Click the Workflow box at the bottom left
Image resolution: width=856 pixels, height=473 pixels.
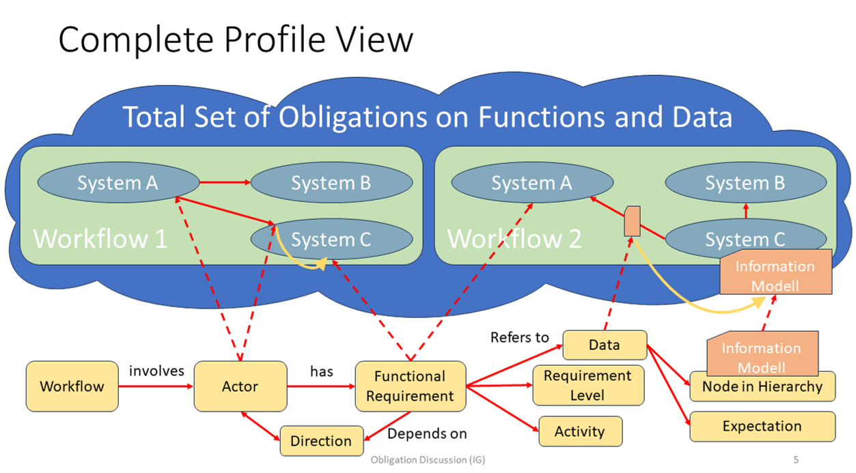click(x=72, y=386)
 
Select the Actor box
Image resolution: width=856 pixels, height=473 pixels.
click(x=240, y=386)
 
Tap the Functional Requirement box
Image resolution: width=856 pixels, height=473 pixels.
click(x=410, y=386)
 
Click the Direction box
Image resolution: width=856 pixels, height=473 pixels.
click(x=321, y=440)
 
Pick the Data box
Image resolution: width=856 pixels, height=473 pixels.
click(x=605, y=345)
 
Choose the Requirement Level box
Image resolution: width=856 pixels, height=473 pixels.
click(x=588, y=386)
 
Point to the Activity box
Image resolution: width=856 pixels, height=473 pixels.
click(x=580, y=431)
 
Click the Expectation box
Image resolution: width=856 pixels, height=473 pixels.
click(x=762, y=427)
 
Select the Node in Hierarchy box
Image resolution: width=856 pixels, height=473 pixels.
click(x=762, y=387)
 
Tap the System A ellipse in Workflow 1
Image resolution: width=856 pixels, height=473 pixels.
click(x=118, y=183)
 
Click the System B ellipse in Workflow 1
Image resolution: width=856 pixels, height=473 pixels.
click(x=331, y=183)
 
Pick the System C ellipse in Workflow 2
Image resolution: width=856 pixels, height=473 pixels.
click(x=745, y=240)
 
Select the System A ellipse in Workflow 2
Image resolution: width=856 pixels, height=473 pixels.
click(x=531, y=183)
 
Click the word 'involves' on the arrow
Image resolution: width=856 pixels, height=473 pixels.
click(x=156, y=371)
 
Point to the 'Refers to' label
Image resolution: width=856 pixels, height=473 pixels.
click(x=520, y=337)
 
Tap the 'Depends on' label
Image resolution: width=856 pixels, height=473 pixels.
click(x=428, y=433)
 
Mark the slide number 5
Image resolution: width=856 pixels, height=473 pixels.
click(x=796, y=459)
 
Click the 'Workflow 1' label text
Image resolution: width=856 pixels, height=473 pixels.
click(x=100, y=239)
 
